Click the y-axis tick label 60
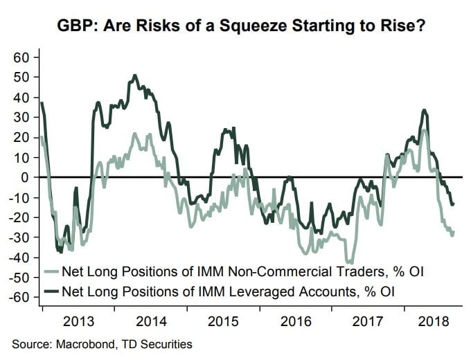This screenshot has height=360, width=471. pyautogui.click(x=22, y=57)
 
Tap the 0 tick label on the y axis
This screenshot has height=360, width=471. pyautogui.click(x=26, y=177)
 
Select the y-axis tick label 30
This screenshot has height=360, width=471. pyautogui.click(x=22, y=117)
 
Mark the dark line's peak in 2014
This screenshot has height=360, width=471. pyautogui.click(x=134, y=75)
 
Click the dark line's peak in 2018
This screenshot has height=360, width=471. pyautogui.click(x=423, y=110)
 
